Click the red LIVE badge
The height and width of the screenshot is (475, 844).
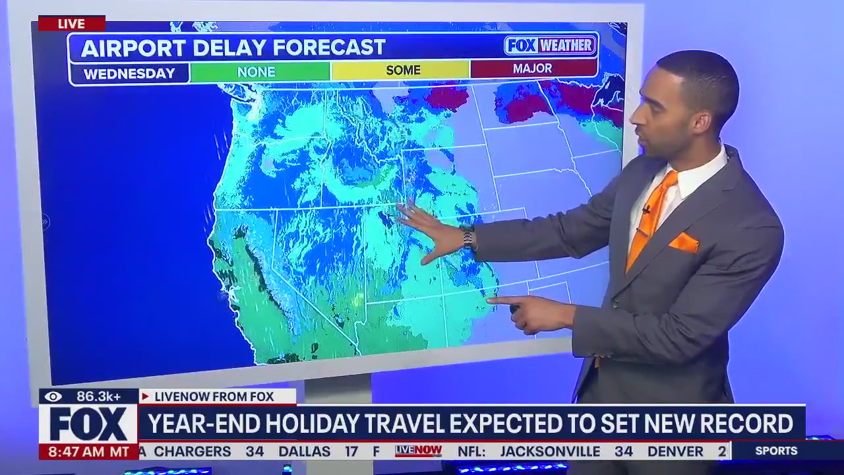[x=71, y=24]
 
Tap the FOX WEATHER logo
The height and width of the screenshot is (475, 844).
[x=550, y=46]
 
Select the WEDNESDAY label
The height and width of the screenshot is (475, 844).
[x=129, y=73]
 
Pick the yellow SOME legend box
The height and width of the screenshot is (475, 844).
[x=402, y=70]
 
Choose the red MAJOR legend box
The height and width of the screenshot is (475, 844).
[x=533, y=69]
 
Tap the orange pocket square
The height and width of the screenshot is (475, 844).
[x=684, y=243]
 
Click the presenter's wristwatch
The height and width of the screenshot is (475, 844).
[x=467, y=238]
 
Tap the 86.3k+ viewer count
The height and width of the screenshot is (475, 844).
[x=99, y=396]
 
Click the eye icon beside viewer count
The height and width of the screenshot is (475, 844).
[x=53, y=396]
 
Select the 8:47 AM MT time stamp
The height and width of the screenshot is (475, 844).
[x=88, y=452]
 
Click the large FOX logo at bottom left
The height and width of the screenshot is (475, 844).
[x=88, y=424]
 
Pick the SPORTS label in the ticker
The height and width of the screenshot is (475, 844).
[x=776, y=451]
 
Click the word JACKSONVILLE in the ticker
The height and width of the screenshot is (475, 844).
[x=550, y=452]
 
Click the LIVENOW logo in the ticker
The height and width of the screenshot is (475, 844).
[x=418, y=451]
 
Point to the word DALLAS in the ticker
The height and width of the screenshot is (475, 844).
[x=304, y=452]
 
